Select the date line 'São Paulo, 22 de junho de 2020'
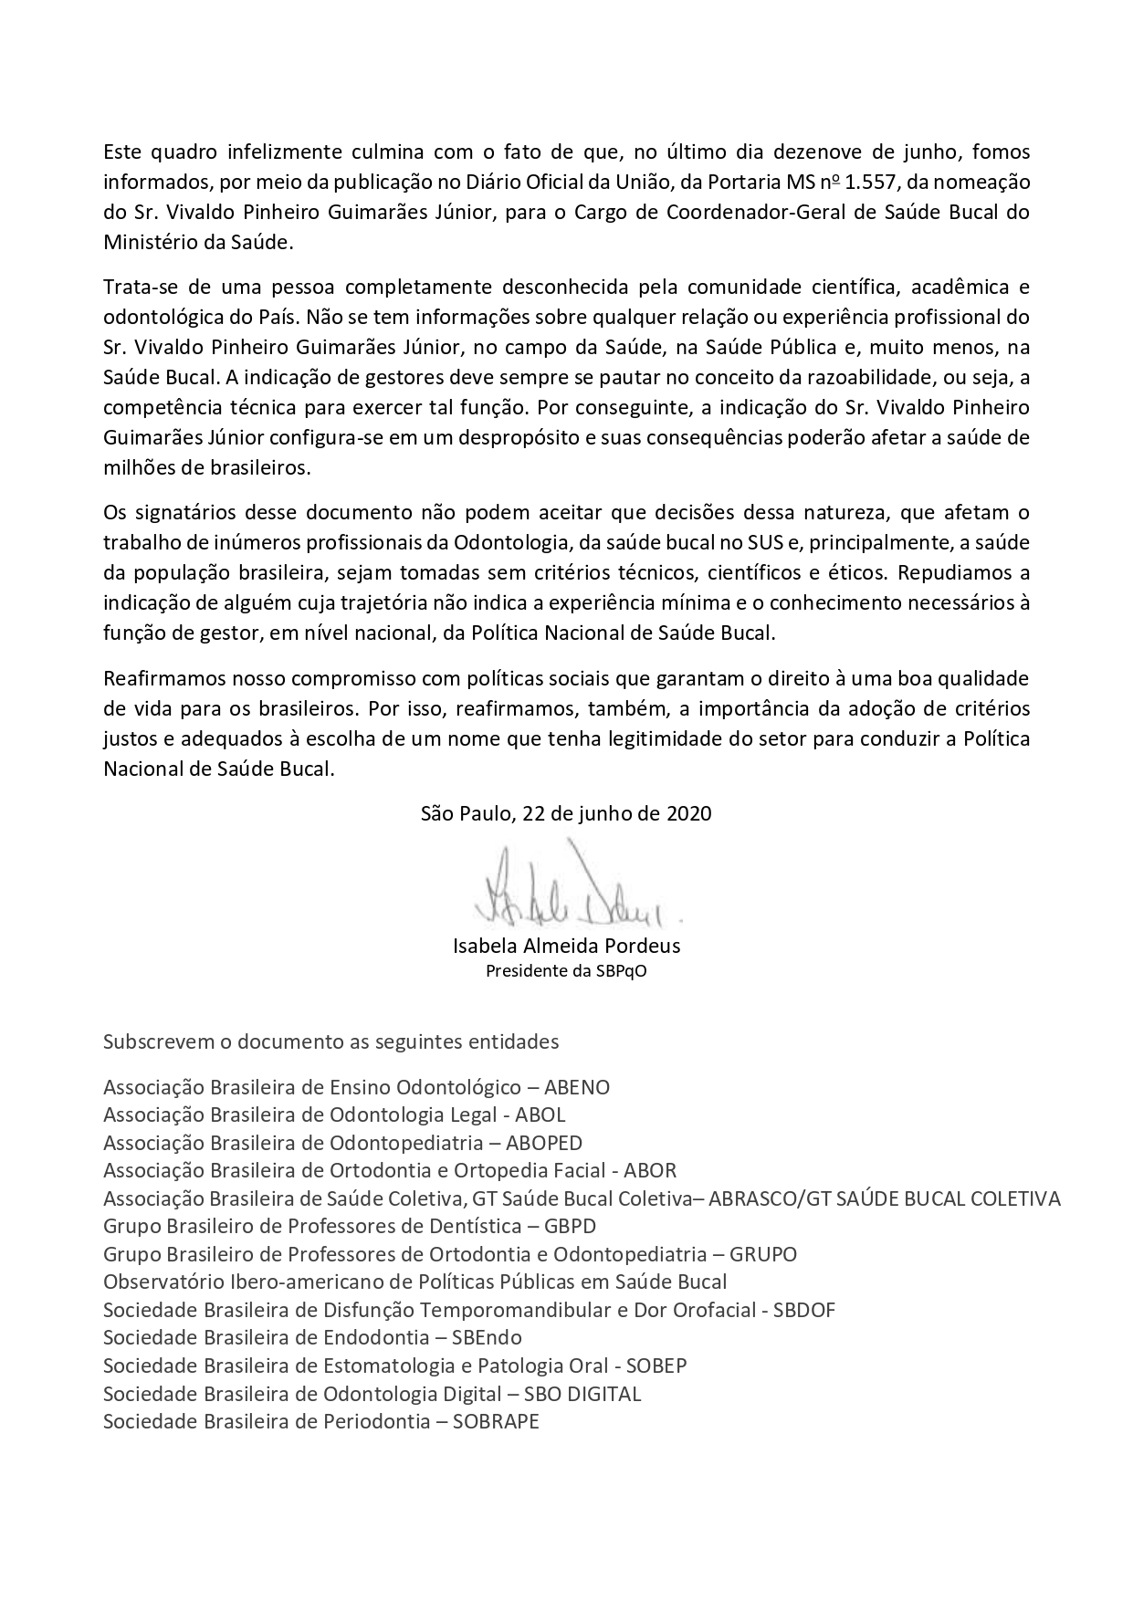point(566,814)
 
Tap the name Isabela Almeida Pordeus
point(566,946)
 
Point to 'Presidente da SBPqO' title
point(566,970)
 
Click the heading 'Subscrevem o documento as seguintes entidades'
point(331,1041)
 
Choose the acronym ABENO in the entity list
point(577,1087)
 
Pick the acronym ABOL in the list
point(540,1114)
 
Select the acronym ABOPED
point(544,1143)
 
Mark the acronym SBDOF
point(804,1310)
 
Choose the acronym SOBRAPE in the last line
point(496,1421)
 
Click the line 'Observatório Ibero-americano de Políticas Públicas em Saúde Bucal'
point(415,1282)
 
